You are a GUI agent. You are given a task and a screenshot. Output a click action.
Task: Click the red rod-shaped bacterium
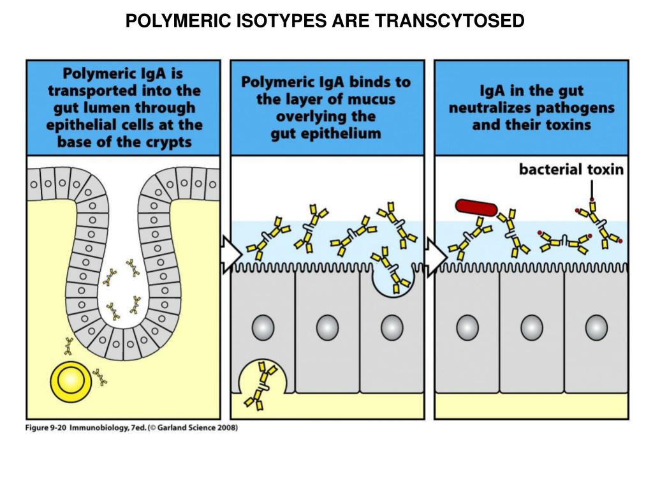point(476,207)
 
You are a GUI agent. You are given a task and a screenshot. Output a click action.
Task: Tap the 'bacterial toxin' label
point(571,170)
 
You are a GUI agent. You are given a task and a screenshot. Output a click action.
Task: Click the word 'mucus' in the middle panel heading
point(372,100)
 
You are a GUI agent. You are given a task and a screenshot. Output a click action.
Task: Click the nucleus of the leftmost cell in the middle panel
point(263,327)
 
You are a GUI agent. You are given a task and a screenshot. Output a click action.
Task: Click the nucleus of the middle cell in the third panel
point(531,327)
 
